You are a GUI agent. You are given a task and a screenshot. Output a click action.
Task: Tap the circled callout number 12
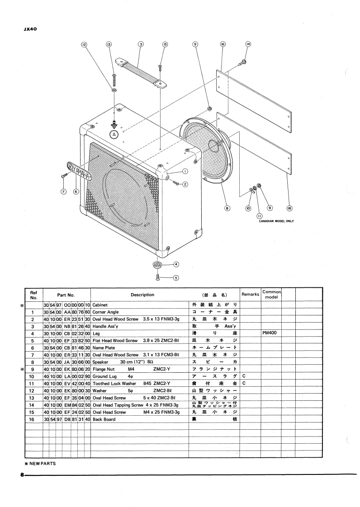(84, 44)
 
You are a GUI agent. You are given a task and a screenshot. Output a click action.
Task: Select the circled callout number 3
(141, 44)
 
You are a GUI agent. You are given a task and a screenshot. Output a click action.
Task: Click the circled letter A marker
(114, 134)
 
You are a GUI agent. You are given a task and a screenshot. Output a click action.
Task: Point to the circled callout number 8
(227, 208)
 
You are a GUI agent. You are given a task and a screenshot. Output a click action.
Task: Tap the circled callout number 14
(248, 44)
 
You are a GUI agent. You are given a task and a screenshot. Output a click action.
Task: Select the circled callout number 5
(176, 278)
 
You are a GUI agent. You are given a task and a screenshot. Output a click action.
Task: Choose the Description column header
(142, 295)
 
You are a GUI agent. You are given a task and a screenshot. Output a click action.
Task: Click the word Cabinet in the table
(100, 305)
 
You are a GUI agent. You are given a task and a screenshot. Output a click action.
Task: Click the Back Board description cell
(104, 419)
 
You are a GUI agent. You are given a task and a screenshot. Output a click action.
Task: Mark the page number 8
(15, 475)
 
